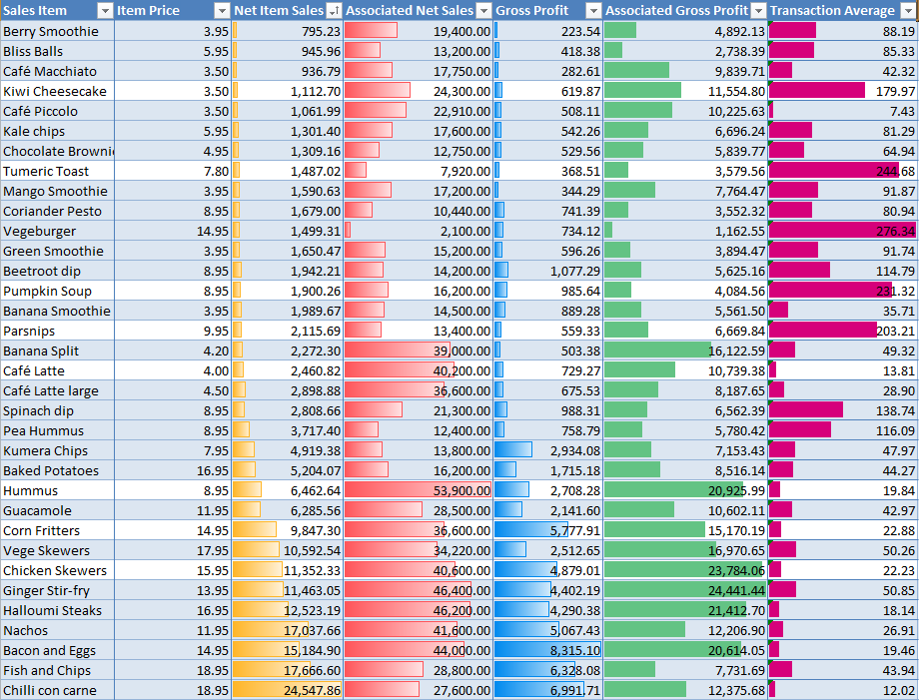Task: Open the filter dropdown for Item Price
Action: (222, 11)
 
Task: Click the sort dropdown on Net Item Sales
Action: (334, 11)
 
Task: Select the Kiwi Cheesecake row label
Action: (55, 91)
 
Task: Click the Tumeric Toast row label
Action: (46, 171)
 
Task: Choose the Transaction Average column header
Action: (833, 11)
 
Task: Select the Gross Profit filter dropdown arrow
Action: (593, 11)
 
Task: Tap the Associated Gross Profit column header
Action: (677, 11)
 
